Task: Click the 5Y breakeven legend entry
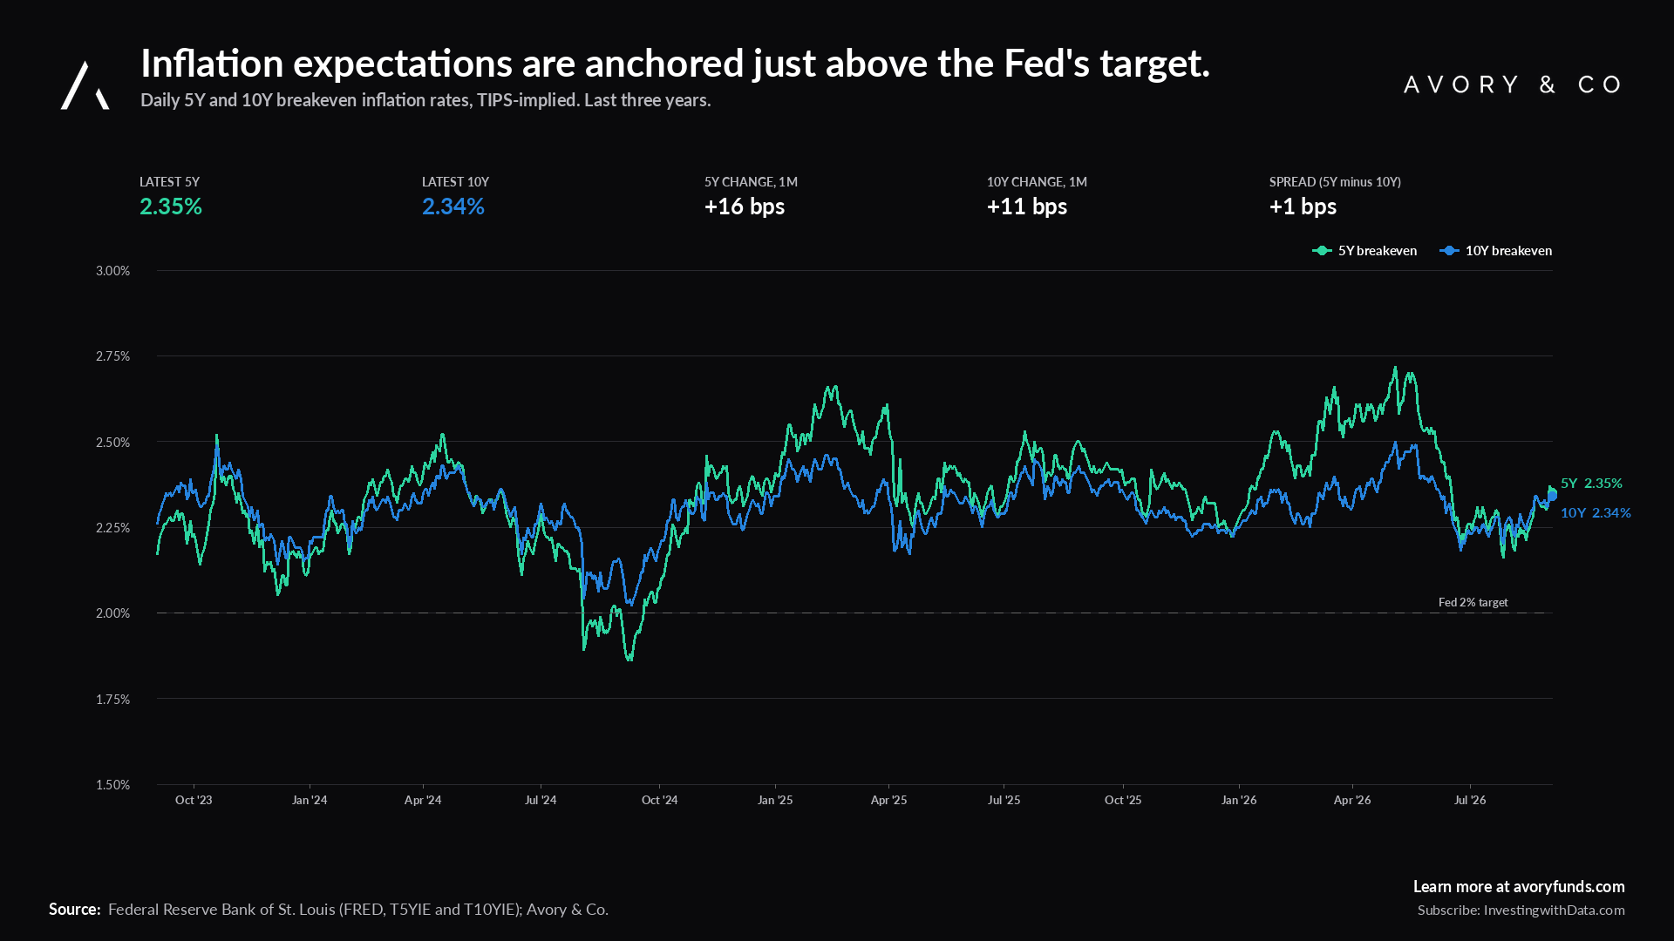1364,251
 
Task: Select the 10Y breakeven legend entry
1496,251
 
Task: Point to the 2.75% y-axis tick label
112,356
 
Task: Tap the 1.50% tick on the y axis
112,785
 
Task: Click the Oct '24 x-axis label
659,800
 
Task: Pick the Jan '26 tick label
1239,800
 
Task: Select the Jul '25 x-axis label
1004,800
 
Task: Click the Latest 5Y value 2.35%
171,206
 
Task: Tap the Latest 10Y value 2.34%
453,206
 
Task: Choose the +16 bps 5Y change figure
745,206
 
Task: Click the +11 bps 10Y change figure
1027,206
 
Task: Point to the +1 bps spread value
1303,206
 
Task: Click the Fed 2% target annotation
1473,602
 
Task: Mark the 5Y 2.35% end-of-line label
1591,483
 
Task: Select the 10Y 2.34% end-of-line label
1596,512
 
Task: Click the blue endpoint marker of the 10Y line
1552,496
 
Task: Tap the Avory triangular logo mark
85,85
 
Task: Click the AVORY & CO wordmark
1513,85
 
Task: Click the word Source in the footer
75,909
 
